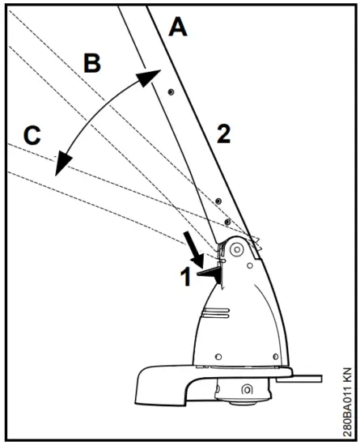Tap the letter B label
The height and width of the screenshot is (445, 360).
click(93, 63)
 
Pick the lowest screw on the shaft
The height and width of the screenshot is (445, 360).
click(227, 222)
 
